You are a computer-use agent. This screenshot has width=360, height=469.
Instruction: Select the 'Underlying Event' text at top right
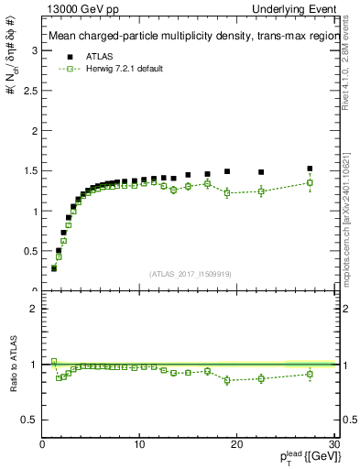[300, 8]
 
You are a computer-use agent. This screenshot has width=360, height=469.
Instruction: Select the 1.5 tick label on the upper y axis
[30, 170]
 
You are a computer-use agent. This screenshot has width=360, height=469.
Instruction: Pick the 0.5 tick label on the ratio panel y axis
[30, 420]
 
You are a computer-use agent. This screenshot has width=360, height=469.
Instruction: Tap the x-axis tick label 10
[139, 444]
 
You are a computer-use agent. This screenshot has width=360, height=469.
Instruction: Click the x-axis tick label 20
[237, 444]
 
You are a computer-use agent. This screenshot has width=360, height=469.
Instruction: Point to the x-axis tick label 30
[334, 444]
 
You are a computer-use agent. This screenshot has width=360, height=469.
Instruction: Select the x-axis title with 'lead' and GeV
[306, 457]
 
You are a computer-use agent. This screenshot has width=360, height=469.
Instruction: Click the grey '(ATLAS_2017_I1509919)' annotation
[190, 274]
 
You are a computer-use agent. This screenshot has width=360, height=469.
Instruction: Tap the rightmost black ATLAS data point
[310, 169]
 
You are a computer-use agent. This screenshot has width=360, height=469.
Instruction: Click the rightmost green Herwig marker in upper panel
[310, 182]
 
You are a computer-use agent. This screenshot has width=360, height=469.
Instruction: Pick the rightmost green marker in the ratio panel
[310, 374]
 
